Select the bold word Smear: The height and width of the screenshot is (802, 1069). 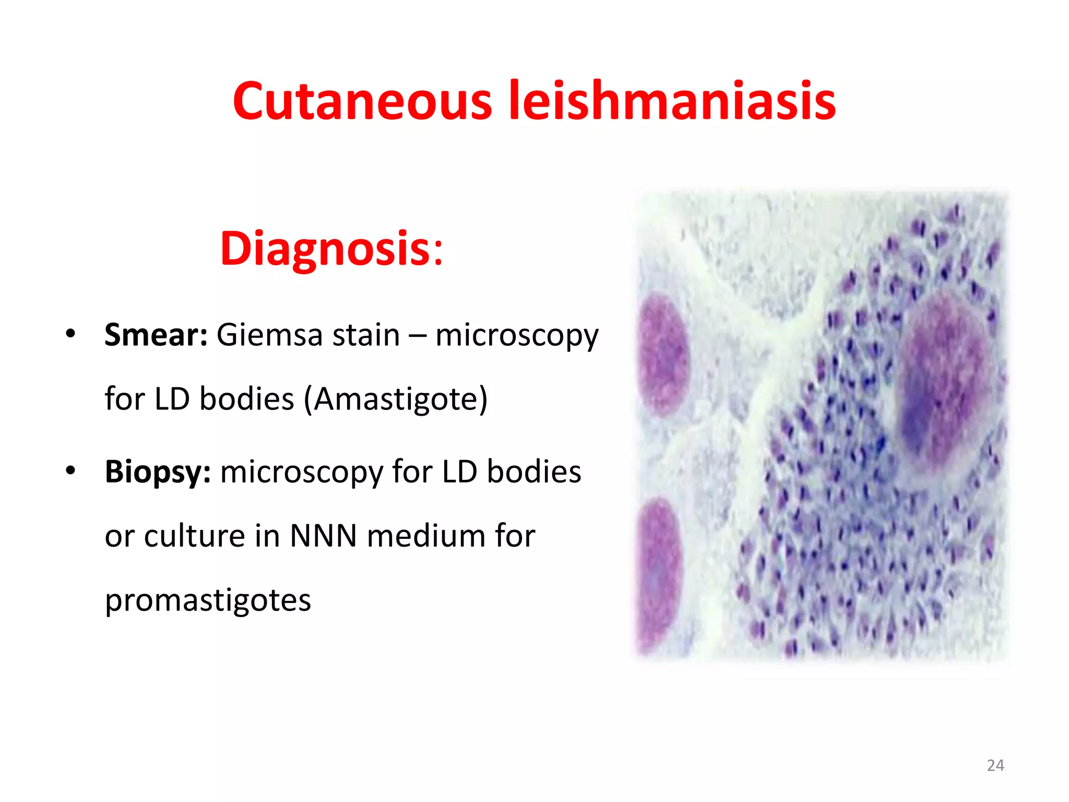(156, 335)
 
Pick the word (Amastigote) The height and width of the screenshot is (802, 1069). (396, 399)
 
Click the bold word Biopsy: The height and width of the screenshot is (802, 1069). (158, 473)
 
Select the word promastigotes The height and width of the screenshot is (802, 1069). (208, 600)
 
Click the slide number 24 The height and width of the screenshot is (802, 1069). (995, 765)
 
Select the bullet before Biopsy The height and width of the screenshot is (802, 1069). (70, 470)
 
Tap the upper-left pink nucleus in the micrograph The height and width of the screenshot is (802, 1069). (663, 354)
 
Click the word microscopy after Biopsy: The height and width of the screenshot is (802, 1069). (301, 473)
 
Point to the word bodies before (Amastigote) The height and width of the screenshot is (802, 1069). (247, 399)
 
